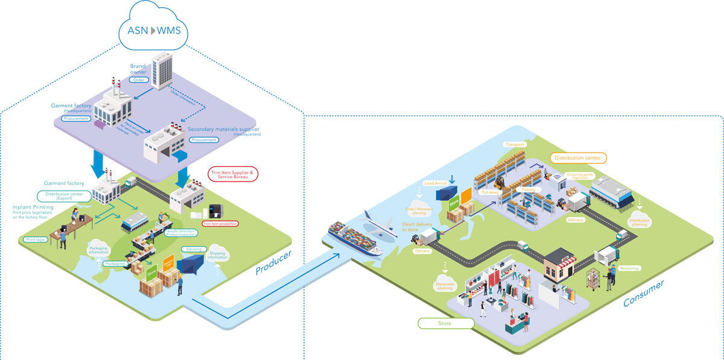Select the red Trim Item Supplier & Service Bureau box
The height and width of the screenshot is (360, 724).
click(x=233, y=174)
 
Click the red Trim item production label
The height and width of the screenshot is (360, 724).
click(x=220, y=224)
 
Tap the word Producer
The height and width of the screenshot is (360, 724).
click(x=273, y=262)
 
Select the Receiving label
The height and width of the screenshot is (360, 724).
click(x=629, y=268)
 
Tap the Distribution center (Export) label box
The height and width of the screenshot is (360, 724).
click(x=64, y=196)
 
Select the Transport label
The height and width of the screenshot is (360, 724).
click(x=515, y=145)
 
